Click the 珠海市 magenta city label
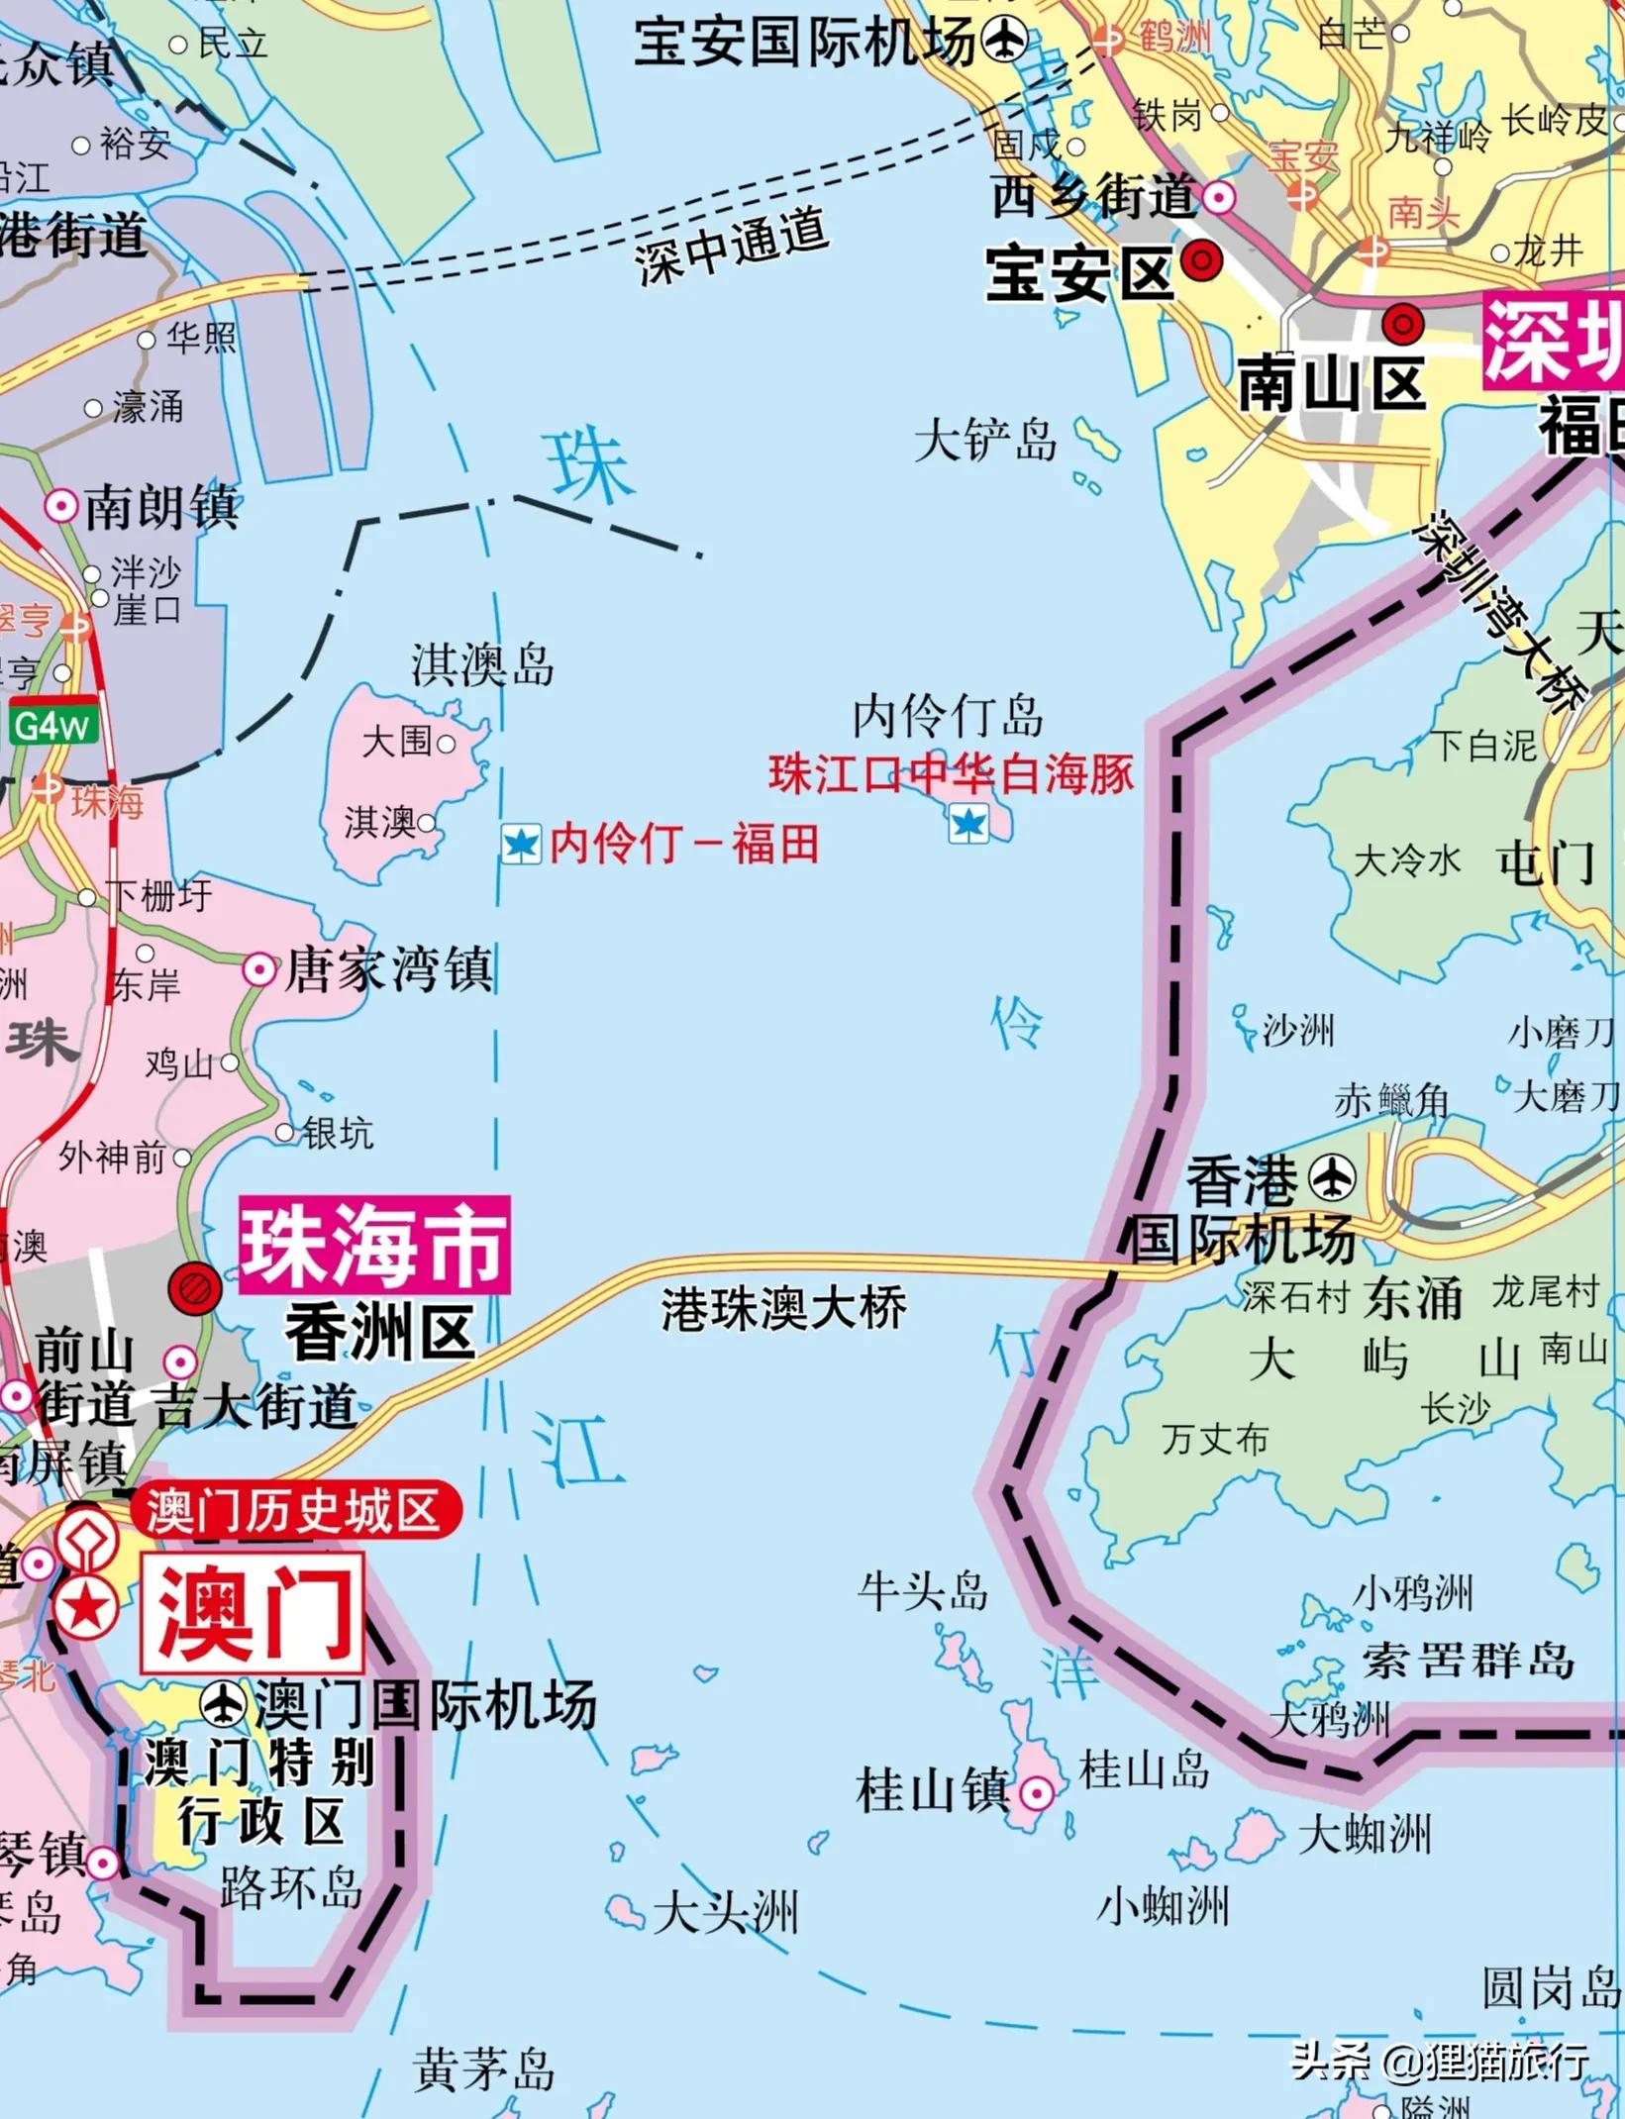click(374, 1245)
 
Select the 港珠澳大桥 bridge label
click(783, 1309)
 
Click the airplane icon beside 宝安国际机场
click(1004, 41)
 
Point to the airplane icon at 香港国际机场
click(1332, 1178)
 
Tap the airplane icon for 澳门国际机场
click(223, 1704)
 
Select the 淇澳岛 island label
click(483, 664)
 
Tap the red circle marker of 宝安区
click(1201, 260)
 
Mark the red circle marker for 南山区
click(1402, 323)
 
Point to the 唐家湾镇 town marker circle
click(259, 969)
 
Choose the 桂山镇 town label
click(931, 1791)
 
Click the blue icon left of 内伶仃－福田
click(521, 845)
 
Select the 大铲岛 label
click(985, 440)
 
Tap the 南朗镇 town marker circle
click(61, 506)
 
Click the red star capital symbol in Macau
click(85, 1607)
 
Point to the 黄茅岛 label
click(483, 2069)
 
